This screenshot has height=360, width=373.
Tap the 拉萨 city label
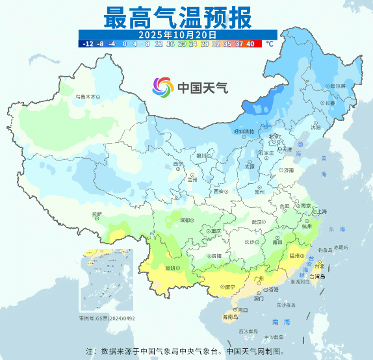tap(97, 214)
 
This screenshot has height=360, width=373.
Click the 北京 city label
tap(275, 136)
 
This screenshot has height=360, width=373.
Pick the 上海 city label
tap(320, 212)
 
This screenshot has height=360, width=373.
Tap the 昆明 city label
tap(171, 268)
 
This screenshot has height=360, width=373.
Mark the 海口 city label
tap(242, 311)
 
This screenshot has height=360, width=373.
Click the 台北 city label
tap(318, 266)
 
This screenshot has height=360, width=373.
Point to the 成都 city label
tap(186, 220)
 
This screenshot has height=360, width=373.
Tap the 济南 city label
tap(289, 170)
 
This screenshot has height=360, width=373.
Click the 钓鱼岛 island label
tap(341, 248)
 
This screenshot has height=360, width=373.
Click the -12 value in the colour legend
tap(89, 44)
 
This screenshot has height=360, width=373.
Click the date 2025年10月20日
tap(177, 34)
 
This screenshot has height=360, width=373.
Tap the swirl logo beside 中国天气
tap(163, 86)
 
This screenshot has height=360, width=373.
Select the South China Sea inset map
tap(105, 280)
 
